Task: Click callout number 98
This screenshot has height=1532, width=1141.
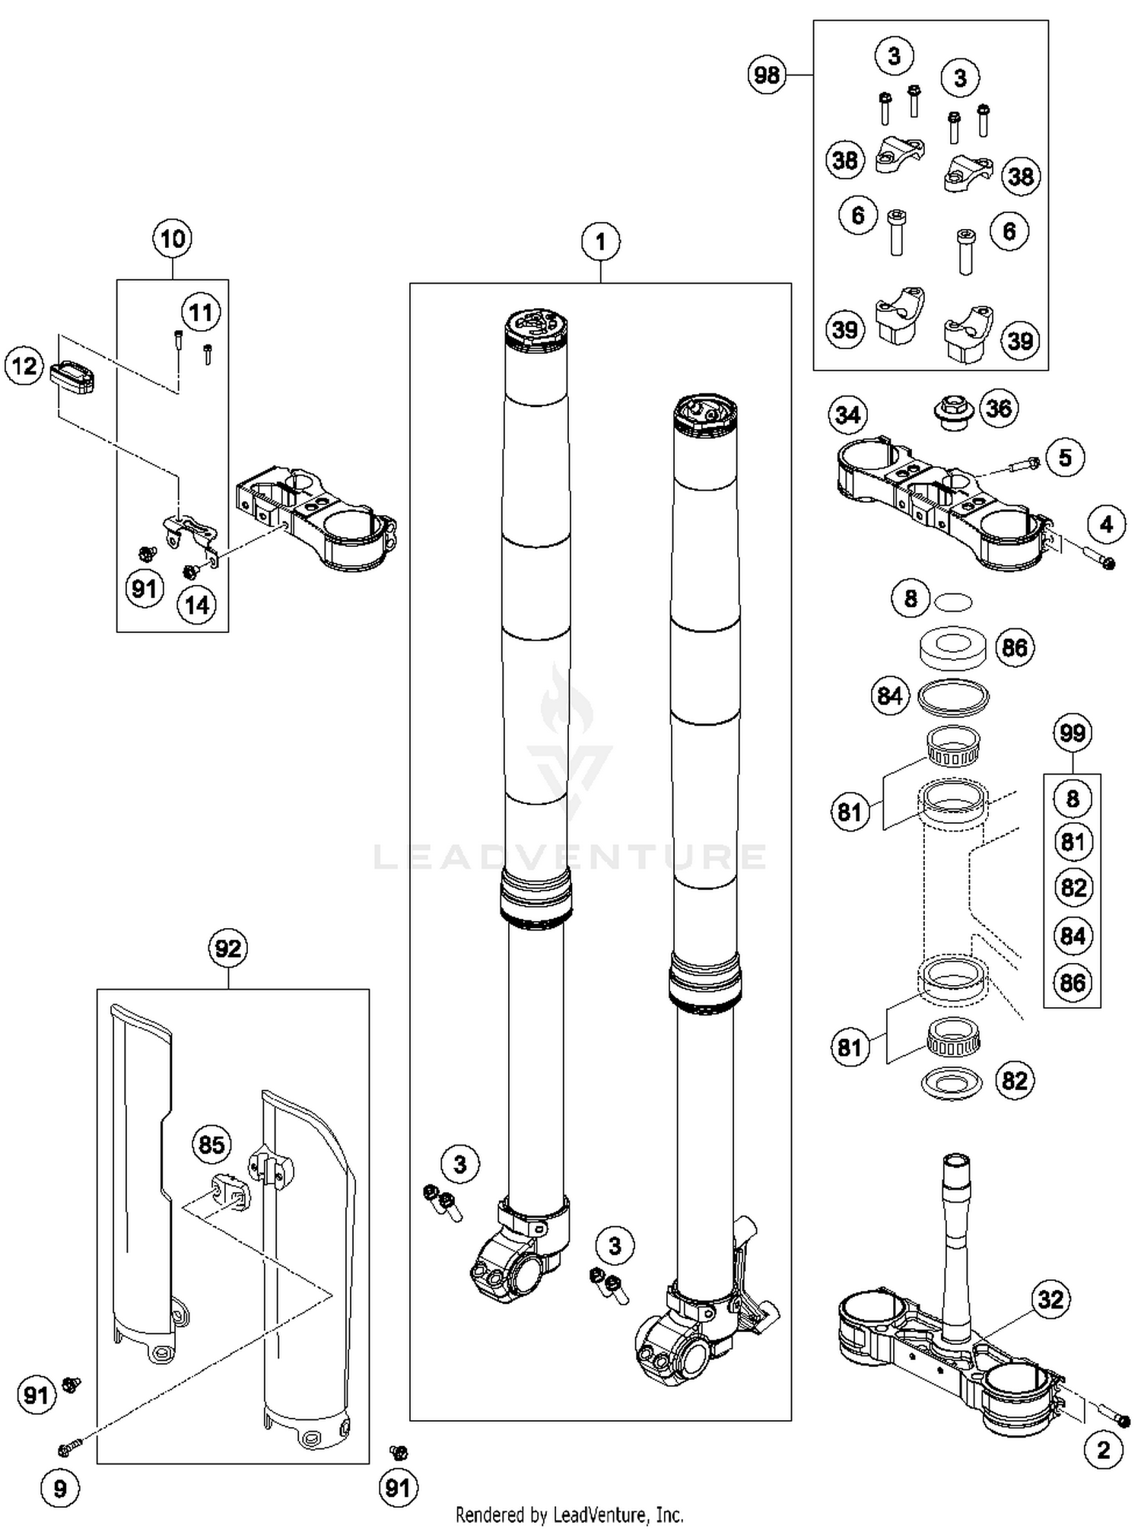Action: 767,75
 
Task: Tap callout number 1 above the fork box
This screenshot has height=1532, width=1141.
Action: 600,242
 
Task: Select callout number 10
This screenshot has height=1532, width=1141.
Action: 173,239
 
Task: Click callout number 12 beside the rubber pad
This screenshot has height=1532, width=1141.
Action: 24,366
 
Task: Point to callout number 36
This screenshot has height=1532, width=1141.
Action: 999,408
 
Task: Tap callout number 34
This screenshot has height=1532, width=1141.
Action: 847,415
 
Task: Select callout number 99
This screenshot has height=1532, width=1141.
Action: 1073,733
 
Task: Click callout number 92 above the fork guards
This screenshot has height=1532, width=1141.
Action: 228,949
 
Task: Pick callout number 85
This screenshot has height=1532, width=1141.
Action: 211,1145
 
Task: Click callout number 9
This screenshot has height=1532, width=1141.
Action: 60,1489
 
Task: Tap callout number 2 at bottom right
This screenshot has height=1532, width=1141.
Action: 1104,1450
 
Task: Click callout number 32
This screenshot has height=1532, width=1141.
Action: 1050,1299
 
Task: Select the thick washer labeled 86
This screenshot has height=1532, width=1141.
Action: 953,647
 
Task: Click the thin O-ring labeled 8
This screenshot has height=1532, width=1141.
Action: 953,602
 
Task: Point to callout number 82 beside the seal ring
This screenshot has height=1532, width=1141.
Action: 1015,1081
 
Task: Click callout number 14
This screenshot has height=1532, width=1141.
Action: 197,605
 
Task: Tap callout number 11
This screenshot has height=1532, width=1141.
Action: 201,313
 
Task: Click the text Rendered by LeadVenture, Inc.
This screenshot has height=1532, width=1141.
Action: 569,1515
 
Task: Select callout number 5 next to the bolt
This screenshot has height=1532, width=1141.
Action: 1065,457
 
